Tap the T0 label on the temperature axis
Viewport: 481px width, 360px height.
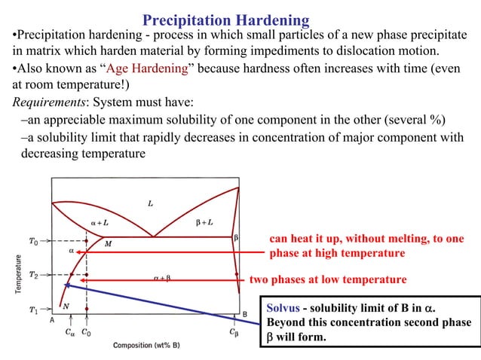(x=32, y=242)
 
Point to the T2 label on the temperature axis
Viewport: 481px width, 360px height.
(x=32, y=276)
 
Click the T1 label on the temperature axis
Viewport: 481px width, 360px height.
(x=32, y=310)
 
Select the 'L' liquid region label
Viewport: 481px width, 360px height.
(x=151, y=203)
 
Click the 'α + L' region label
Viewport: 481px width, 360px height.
(x=101, y=223)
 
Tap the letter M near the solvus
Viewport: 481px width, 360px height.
(x=108, y=244)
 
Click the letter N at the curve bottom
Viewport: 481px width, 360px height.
(x=66, y=306)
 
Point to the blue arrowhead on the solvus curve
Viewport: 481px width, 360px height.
(x=68, y=285)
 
